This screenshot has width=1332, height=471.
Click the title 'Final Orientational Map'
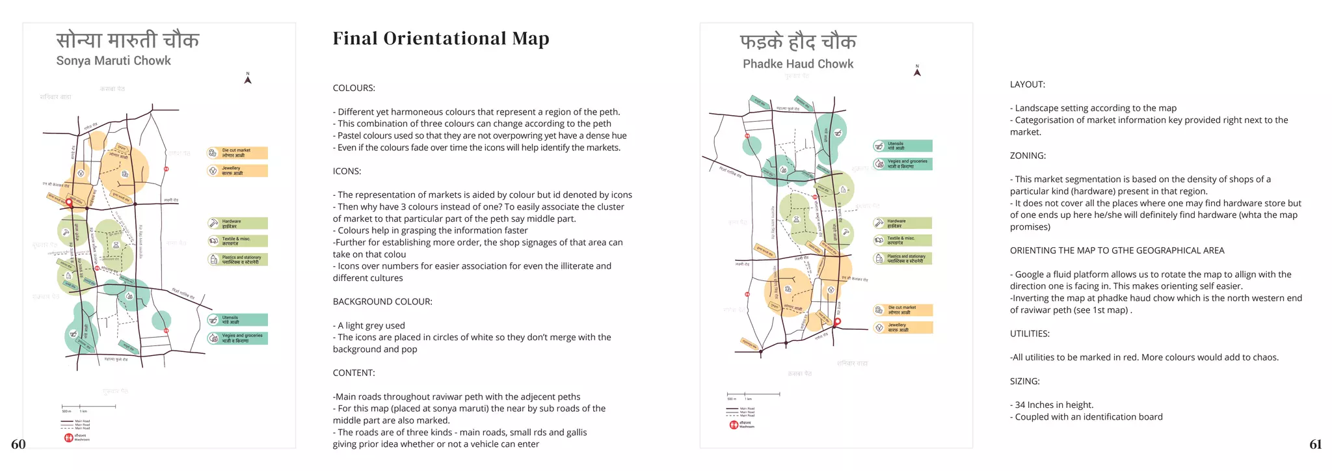click(441, 39)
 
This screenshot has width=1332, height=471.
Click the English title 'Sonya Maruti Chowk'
click(113, 61)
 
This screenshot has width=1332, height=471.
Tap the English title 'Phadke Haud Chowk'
click(798, 64)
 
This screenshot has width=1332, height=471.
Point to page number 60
click(18, 444)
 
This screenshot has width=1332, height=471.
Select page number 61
click(1315, 444)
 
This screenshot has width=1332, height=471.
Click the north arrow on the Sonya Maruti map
click(248, 79)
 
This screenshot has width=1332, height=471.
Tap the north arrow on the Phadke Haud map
click(917, 72)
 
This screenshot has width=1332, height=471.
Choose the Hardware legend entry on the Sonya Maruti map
click(237, 223)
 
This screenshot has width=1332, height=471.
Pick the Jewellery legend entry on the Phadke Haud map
click(903, 327)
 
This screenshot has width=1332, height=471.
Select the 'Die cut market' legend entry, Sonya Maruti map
click(237, 153)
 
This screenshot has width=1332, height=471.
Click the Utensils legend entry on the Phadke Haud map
click(902, 146)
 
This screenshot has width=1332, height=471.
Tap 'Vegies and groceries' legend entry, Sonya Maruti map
click(237, 338)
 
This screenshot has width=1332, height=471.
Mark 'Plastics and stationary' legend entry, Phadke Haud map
click(903, 258)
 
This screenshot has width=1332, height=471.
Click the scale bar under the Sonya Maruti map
click(88, 407)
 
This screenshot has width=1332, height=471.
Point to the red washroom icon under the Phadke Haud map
click(734, 425)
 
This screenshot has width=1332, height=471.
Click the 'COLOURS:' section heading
click(354, 88)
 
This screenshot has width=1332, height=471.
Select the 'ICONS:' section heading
click(347, 171)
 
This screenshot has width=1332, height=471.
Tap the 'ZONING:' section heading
click(1028, 155)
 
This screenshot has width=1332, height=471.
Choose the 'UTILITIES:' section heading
click(1030, 334)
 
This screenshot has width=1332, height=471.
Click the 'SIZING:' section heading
click(1024, 381)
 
